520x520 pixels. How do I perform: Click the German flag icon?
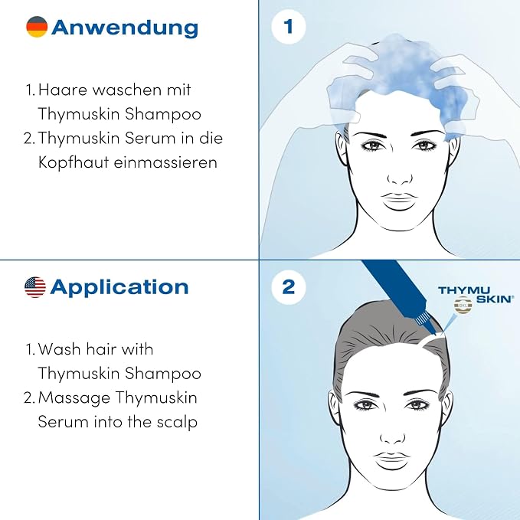click(x=37, y=27)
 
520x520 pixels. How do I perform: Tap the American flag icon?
click(x=35, y=287)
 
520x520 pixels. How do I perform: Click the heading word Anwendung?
click(x=125, y=28)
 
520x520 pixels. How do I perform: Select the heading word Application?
click(x=119, y=288)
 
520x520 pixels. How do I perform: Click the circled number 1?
click(x=288, y=27)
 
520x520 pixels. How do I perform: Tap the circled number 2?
click(x=288, y=286)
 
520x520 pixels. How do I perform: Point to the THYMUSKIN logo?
click(x=476, y=295)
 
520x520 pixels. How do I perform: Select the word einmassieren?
click(x=165, y=162)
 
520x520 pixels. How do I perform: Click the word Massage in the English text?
click(x=74, y=398)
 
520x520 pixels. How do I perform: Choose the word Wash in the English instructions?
click(x=59, y=349)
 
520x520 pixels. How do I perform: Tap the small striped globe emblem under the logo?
click(x=463, y=305)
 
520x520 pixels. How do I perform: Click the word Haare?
click(x=63, y=90)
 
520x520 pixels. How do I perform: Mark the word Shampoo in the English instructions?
click(x=163, y=374)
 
